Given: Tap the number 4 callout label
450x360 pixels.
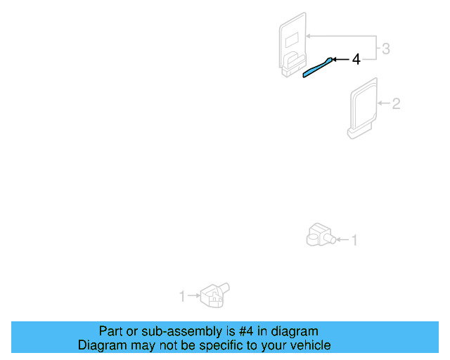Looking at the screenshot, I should [x=356, y=60].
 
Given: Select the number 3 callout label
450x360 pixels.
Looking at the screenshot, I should [x=385, y=49].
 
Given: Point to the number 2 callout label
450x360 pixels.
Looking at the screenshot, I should [x=396, y=104].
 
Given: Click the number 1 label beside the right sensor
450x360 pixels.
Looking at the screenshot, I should [x=354, y=241].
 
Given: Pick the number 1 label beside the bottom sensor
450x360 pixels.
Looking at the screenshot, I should [x=182, y=297].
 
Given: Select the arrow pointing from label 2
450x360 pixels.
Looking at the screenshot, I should [x=383, y=104].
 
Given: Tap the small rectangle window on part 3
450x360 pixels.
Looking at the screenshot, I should [x=293, y=37].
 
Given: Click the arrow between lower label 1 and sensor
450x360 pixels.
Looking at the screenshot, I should [x=193, y=297].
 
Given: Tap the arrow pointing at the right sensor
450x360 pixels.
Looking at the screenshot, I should [x=342, y=241].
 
